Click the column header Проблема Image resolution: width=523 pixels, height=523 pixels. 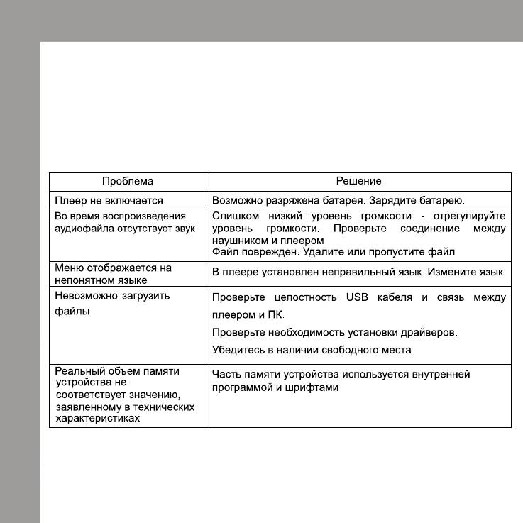click(x=128, y=182)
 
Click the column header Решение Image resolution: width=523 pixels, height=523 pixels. click(x=358, y=182)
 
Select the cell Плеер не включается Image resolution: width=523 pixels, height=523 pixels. click(x=109, y=201)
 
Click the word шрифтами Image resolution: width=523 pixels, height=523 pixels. click(x=315, y=387)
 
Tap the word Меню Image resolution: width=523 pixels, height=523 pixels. click(x=69, y=268)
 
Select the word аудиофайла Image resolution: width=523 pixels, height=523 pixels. click(x=80, y=229)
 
